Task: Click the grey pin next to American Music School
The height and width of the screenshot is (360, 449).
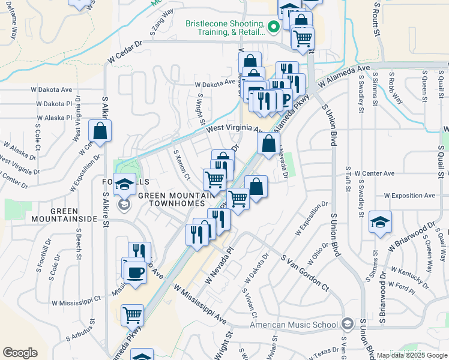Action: coord(347,325)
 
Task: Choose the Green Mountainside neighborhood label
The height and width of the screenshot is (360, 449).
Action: coord(73,215)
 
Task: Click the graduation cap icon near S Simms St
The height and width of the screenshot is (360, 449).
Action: coord(381,223)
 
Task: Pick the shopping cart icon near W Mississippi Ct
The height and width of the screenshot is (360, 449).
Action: coord(132,314)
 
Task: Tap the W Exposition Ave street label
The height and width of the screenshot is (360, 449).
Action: coord(409,196)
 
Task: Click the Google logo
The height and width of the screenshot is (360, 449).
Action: coord(20,353)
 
